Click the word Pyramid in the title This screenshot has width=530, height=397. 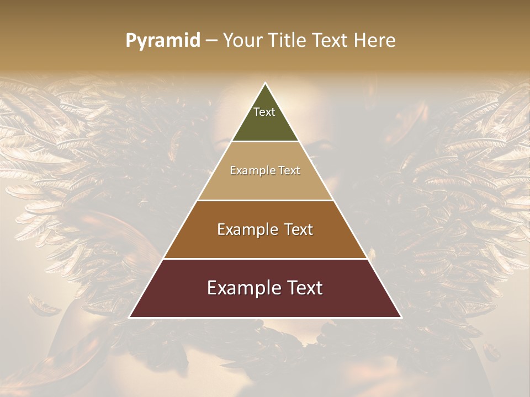click(x=162, y=41)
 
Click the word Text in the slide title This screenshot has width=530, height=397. click(x=330, y=40)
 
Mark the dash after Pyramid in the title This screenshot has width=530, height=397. click(x=211, y=41)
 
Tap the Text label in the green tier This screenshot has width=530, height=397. click(x=264, y=112)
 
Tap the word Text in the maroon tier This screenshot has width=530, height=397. click(x=304, y=288)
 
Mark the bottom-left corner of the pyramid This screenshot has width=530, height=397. click(x=129, y=317)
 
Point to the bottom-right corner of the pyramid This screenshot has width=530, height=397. click(x=401, y=317)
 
